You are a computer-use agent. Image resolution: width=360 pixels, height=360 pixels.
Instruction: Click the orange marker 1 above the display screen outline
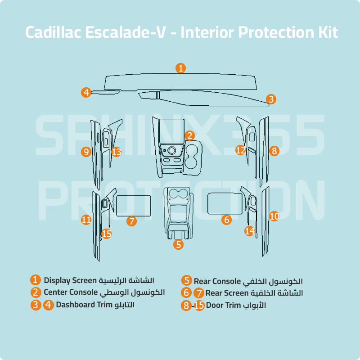pos(180,68)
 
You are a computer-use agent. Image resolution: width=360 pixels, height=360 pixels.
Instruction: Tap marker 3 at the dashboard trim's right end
pos(270,99)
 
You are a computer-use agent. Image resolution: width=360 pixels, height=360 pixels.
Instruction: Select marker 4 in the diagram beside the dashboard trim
pos(86,92)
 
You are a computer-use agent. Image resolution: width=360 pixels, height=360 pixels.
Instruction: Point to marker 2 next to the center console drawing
pos(190,135)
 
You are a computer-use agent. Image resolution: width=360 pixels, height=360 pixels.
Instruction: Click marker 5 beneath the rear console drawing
pos(179,245)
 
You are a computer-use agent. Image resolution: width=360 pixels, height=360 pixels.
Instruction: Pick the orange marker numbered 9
pos(86,152)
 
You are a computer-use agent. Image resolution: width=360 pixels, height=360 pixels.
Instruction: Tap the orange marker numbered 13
pos(117,152)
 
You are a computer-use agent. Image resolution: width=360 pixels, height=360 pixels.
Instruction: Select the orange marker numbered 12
pos(241,150)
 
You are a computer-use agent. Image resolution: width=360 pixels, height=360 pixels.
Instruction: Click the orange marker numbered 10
pos(274,216)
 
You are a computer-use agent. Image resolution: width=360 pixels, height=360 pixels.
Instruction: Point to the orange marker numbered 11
pos(86,220)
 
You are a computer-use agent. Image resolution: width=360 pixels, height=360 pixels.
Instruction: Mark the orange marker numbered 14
pos(250,231)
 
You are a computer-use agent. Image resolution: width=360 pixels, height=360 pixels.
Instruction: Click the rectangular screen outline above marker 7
pos(134,205)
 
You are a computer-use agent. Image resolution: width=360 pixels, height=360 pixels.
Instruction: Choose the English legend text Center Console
pos(71,292)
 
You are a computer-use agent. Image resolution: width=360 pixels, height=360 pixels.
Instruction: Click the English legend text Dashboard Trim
pos(82,305)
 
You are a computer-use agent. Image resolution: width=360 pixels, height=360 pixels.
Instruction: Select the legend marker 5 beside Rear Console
pos(187,281)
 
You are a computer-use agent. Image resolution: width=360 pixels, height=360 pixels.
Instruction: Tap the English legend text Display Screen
pos(70,280)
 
